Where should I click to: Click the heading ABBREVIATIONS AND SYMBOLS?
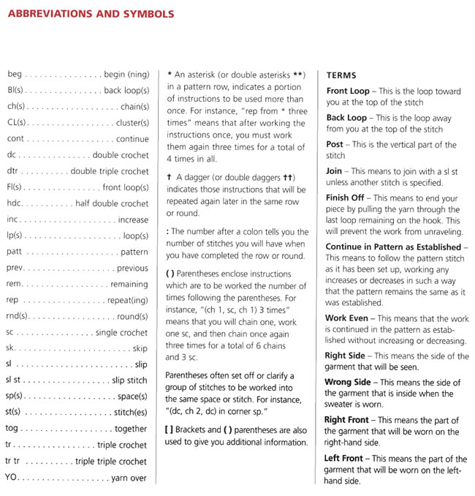click(x=91, y=14)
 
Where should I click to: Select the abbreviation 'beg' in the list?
click(x=15, y=75)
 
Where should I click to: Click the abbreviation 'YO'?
click(x=11, y=478)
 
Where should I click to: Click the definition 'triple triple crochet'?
click(x=111, y=462)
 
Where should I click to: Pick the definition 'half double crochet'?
click(x=112, y=203)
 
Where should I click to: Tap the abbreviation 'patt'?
click(x=14, y=252)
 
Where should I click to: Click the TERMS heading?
click(x=341, y=75)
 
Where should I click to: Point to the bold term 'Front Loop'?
click(x=348, y=91)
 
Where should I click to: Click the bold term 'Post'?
click(x=335, y=145)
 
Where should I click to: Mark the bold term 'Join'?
click(x=335, y=171)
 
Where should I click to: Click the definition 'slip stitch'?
click(x=130, y=381)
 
